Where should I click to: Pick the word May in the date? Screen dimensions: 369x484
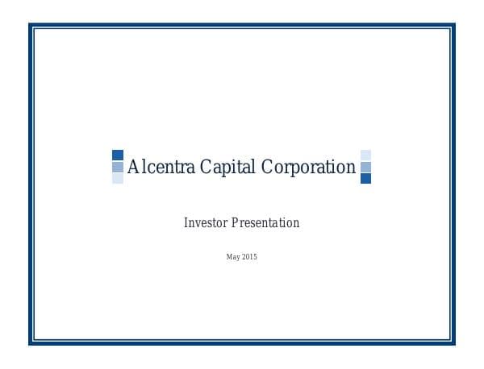click(x=233, y=257)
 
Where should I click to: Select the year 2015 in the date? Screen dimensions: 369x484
click(x=248, y=257)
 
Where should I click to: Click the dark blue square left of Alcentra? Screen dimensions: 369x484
click(x=118, y=155)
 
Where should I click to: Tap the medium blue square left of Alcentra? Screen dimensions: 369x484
click(x=118, y=167)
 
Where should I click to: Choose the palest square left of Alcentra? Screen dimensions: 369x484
click(x=118, y=178)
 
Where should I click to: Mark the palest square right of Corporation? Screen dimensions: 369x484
click(x=365, y=155)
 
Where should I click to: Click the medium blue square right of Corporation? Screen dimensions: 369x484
click(x=365, y=167)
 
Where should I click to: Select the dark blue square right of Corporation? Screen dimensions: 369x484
click(x=365, y=178)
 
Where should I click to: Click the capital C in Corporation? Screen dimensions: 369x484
click(x=267, y=168)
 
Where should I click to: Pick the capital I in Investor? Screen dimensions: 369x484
click(x=186, y=223)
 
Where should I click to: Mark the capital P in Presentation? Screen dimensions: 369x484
click(x=235, y=223)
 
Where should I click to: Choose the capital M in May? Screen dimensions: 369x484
click(x=230, y=257)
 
